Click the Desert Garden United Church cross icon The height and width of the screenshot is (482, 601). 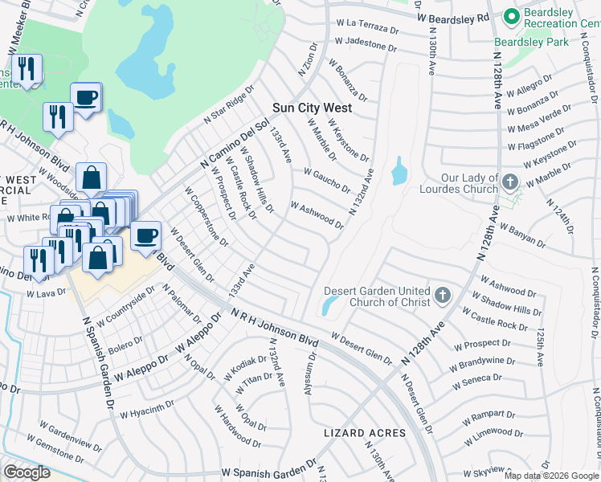(441, 296)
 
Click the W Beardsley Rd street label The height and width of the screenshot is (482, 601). (453, 17)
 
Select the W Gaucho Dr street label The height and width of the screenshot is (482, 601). (327, 180)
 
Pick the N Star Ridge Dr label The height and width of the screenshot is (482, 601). (228, 106)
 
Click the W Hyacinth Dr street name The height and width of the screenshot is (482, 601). (147, 411)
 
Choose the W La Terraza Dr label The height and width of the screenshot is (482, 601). (368, 27)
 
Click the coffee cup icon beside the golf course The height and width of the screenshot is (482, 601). (86, 98)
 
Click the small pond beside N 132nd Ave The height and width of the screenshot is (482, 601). (399, 170)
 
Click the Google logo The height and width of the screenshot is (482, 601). (27, 472)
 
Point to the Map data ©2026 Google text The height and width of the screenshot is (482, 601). (550, 476)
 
